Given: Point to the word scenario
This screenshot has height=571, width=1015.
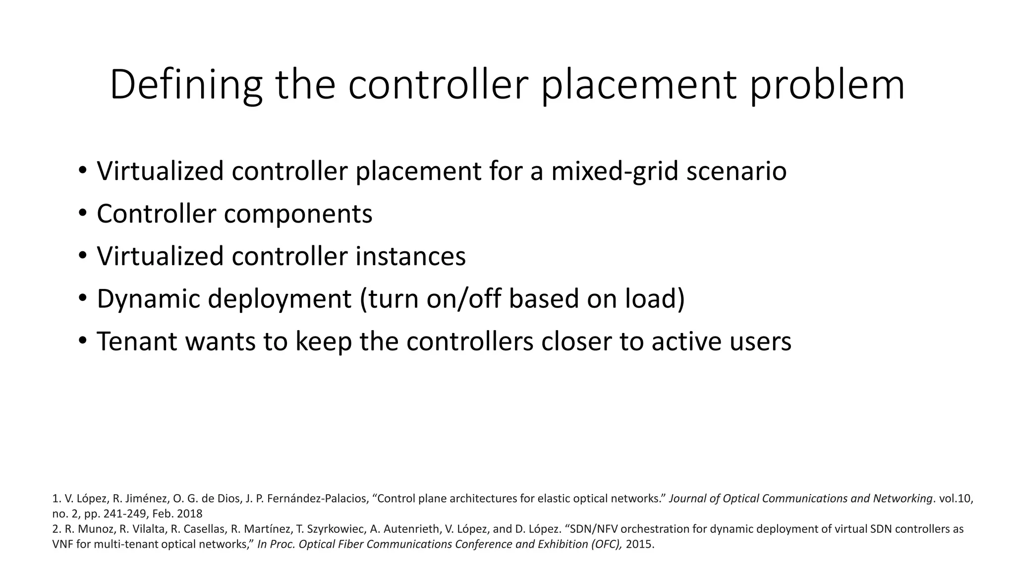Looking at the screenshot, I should (736, 171).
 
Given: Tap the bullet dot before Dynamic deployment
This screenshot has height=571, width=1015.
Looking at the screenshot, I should (82, 298).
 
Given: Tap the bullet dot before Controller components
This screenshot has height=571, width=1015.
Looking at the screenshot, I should (82, 214).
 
